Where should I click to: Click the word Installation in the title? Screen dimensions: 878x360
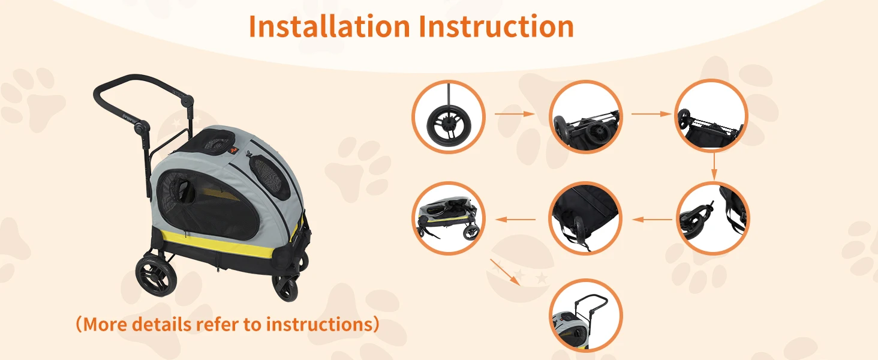(x=330, y=26)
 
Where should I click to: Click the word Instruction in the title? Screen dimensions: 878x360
(x=496, y=26)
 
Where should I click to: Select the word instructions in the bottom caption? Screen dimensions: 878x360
(x=318, y=325)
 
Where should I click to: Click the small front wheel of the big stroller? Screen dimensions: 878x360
(x=285, y=288)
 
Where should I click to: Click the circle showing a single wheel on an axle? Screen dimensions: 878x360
(x=449, y=116)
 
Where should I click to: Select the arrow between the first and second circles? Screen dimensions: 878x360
(x=514, y=114)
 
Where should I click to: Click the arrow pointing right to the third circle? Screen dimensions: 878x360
(x=651, y=114)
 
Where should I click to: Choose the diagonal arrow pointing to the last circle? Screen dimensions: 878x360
(x=505, y=272)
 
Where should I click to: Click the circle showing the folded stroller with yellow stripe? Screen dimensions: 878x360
(x=449, y=218)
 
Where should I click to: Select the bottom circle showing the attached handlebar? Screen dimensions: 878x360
(x=585, y=315)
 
